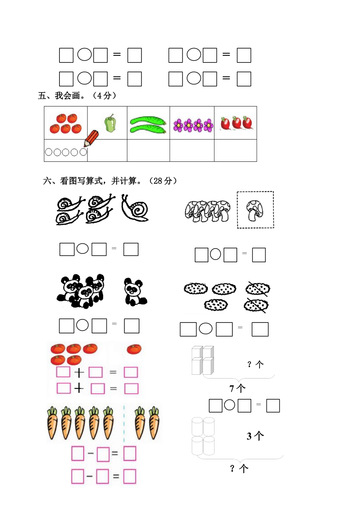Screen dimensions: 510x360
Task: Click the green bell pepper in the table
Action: [x=110, y=123]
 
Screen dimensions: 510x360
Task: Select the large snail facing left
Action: [x=135, y=208]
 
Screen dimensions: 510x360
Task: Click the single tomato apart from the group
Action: [x=134, y=349]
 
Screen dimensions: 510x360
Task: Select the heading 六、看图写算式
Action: [x=110, y=181]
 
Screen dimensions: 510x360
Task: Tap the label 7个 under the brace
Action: [x=238, y=388]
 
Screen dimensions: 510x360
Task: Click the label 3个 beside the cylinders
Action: [x=255, y=436]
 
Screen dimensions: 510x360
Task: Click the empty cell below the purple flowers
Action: [x=192, y=150]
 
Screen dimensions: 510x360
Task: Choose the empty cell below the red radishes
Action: [x=235, y=150]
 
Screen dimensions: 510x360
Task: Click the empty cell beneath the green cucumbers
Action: [x=148, y=150]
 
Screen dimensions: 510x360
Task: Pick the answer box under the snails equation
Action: [x=131, y=249]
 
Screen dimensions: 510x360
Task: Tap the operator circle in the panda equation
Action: [x=82, y=325]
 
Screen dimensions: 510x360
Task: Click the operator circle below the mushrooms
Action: [x=215, y=254]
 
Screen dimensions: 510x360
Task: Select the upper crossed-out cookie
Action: [x=258, y=289]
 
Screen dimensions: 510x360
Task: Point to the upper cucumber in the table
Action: [x=148, y=120]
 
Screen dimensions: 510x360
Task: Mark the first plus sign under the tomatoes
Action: [x=79, y=373]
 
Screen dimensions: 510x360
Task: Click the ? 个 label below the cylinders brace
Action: [x=239, y=469]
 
